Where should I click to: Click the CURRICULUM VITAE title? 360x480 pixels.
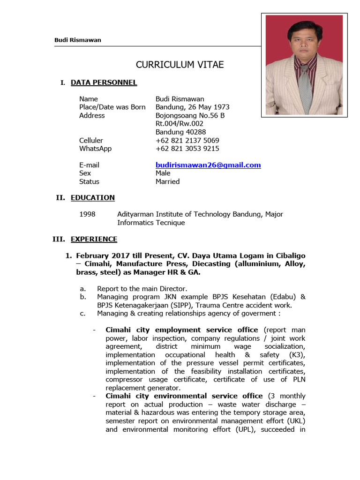173,65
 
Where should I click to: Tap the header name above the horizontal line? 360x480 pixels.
78,40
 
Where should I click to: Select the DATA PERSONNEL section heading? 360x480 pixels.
104,82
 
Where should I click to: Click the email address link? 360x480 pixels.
208,165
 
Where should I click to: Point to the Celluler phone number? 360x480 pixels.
187,140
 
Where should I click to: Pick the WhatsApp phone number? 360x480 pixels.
187,149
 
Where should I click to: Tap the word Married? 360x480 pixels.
167,181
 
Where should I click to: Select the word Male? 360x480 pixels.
163,173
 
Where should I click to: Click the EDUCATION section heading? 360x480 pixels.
92,197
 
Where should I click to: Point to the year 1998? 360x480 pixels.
87,214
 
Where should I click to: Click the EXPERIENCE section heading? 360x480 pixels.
94,239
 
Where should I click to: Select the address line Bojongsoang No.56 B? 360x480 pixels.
190,115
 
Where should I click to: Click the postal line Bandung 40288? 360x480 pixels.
180,132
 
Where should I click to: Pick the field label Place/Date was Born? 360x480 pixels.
112,107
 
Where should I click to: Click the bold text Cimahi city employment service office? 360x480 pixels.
182,330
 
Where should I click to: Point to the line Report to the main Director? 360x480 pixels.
142,288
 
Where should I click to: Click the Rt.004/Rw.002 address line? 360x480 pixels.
180,124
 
